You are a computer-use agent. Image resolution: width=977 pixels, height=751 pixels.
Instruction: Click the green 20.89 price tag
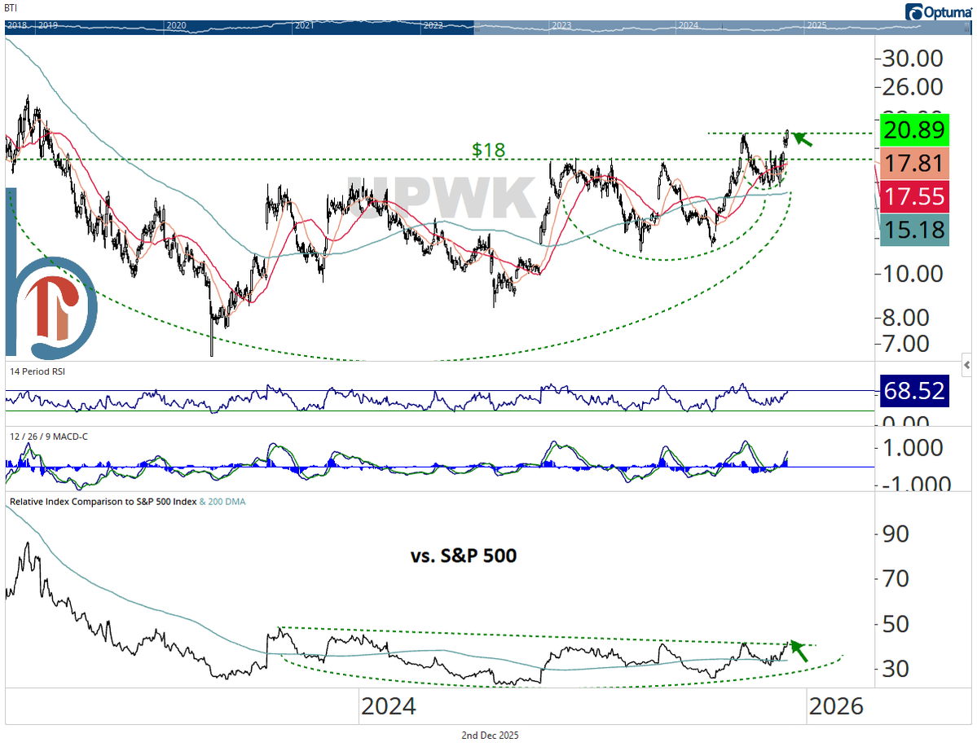(913, 129)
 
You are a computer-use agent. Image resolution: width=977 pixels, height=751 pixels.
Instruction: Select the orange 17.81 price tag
(913, 163)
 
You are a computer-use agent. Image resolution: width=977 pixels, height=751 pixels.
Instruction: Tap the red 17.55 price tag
(913, 196)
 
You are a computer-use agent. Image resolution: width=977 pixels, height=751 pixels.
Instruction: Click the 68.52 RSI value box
(913, 391)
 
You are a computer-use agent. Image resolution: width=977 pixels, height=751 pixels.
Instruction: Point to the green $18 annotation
(488, 150)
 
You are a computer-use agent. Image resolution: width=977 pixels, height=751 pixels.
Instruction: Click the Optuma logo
(937, 11)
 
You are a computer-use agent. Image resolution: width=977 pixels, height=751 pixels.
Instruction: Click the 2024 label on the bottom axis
(389, 705)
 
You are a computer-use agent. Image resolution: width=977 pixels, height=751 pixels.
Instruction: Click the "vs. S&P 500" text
(463, 556)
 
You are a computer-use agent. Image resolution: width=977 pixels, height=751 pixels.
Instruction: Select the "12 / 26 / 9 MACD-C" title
(47, 437)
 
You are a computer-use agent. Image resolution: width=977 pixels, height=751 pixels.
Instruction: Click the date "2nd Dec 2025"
(489, 735)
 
